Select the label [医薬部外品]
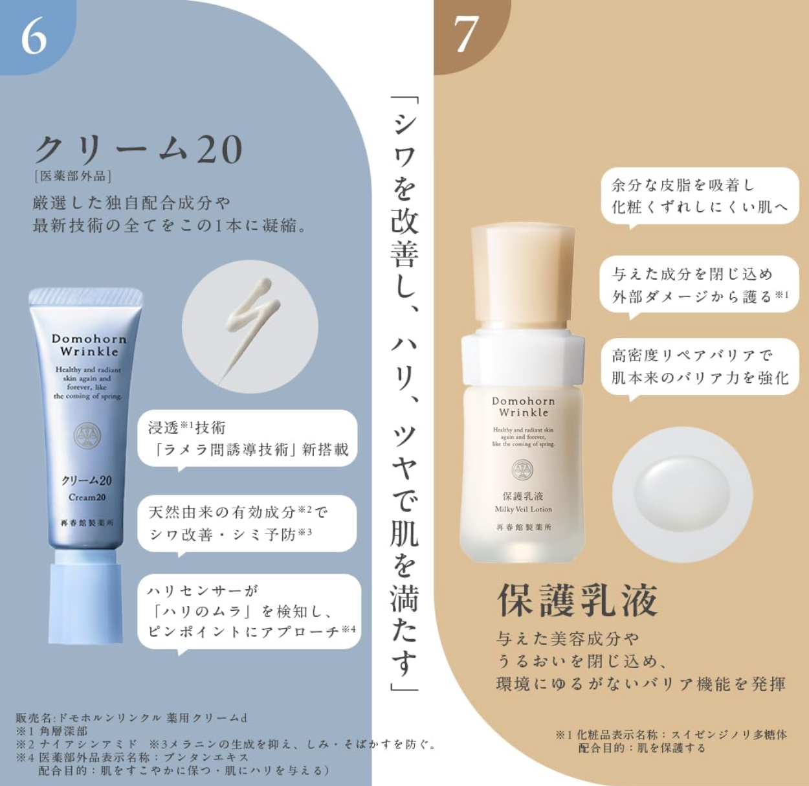tap(73, 177)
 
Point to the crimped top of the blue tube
tap(85, 297)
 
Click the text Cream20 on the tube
tap(87, 497)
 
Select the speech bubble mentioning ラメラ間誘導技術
tap(247, 440)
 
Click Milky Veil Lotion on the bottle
tap(524, 509)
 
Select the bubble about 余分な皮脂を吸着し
tap(700, 197)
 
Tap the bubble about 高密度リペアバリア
tap(700, 368)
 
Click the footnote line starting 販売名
tap(131, 718)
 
